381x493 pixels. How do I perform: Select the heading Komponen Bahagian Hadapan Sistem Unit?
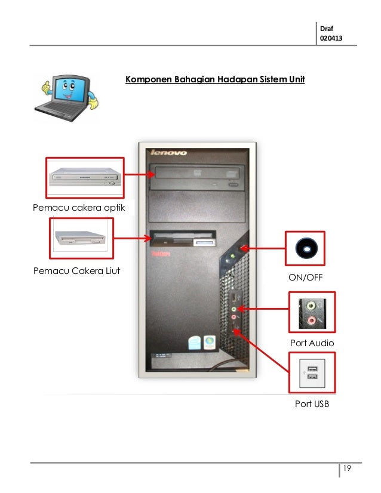coord(215,79)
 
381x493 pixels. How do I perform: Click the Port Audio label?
coord(312,343)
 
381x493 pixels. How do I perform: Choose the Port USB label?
coord(312,405)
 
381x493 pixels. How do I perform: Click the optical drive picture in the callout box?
coord(85,177)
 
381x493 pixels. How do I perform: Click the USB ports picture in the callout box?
coord(311,373)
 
